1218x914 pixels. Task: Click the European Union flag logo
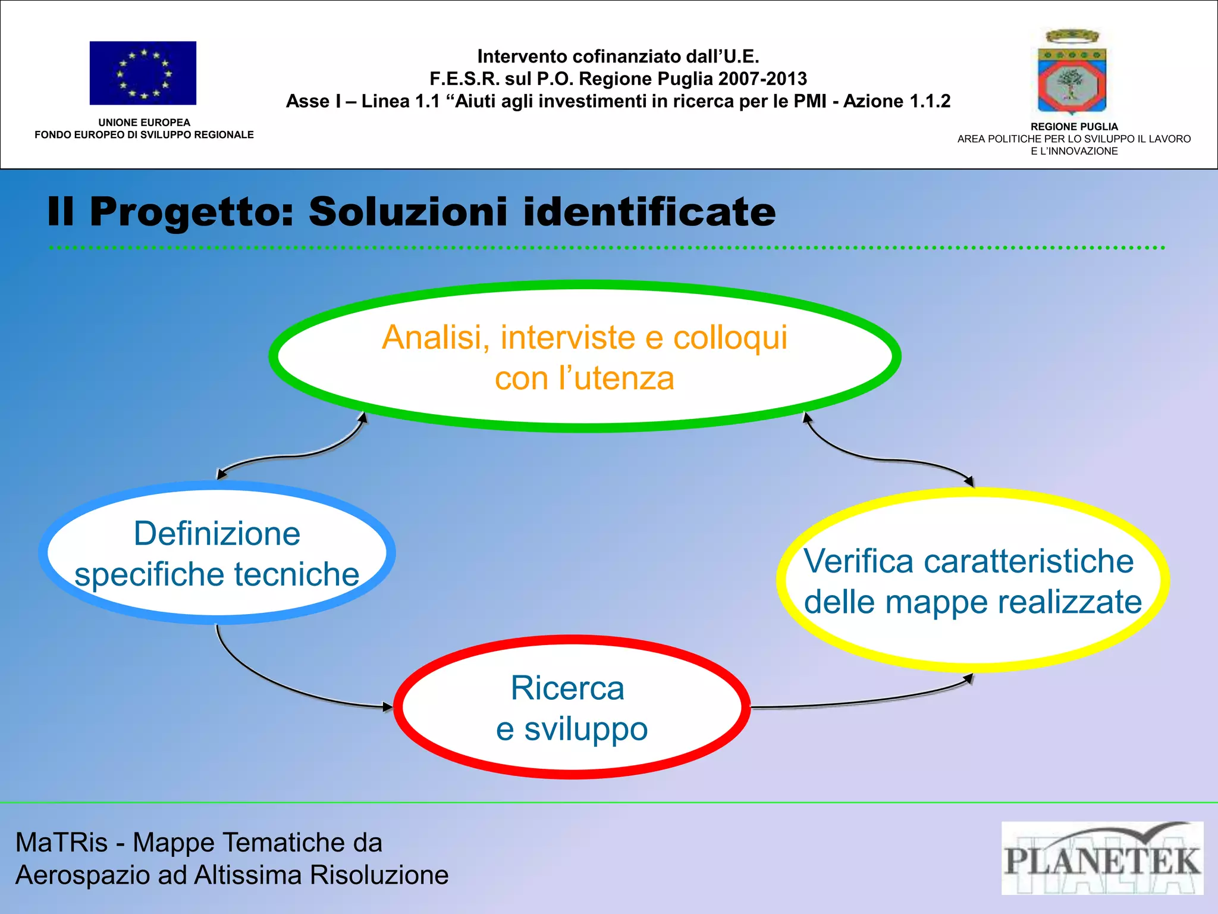(x=143, y=73)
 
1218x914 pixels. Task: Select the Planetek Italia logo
(x=1102, y=858)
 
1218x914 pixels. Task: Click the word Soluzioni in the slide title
(x=408, y=212)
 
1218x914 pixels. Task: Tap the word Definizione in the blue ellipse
(x=217, y=533)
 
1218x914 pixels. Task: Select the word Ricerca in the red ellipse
(x=567, y=688)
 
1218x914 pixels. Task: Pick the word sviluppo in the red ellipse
(x=585, y=730)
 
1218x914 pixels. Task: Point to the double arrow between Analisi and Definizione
(x=291, y=455)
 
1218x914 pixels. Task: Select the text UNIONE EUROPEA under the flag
(x=144, y=123)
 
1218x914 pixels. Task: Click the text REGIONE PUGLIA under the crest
(x=1074, y=127)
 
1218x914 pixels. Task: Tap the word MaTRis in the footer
(x=61, y=843)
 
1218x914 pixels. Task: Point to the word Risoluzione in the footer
(x=379, y=875)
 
